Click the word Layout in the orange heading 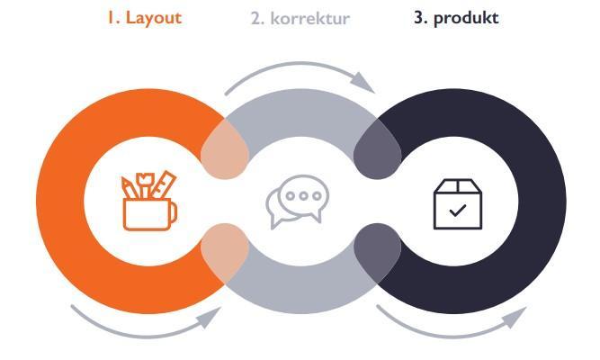pos(153,18)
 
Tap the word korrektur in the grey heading pos(310,18)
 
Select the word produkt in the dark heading pos(466,18)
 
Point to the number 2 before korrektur pos(257,18)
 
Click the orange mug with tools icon pos(149,201)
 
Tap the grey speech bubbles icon pos(298,202)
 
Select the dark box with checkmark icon pos(458,204)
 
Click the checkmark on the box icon pos(458,211)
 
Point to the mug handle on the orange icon pos(174,213)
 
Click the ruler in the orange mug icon pos(164,184)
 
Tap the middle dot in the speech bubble pos(303,196)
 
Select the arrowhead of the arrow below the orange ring pos(210,317)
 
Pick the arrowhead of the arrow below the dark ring pos(515,317)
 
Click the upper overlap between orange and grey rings pos(225,149)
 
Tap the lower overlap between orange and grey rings pos(225,254)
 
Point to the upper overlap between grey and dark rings pos(377,149)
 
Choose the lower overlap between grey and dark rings pos(377,254)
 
